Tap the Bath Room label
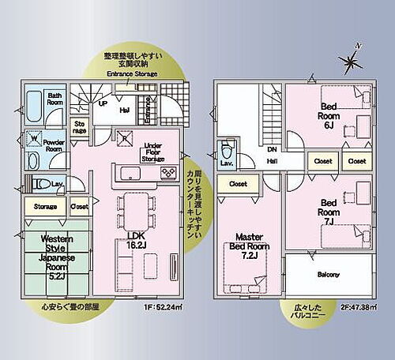point(55,98)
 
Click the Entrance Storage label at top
point(130,74)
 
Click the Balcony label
point(329,275)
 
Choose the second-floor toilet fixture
point(227,151)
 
